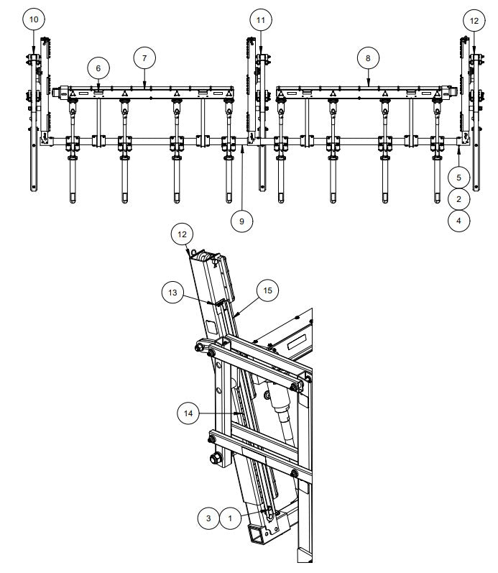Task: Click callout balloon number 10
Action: click(x=34, y=20)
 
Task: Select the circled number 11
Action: click(x=260, y=20)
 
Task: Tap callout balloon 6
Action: click(x=98, y=68)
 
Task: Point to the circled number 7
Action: click(x=144, y=57)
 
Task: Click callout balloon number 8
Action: click(x=368, y=57)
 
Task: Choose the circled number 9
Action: click(x=241, y=221)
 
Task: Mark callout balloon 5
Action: click(x=458, y=175)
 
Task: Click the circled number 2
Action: click(x=458, y=198)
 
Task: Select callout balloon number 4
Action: click(x=458, y=221)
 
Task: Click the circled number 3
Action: click(x=208, y=516)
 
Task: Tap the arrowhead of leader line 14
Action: click(x=238, y=415)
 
